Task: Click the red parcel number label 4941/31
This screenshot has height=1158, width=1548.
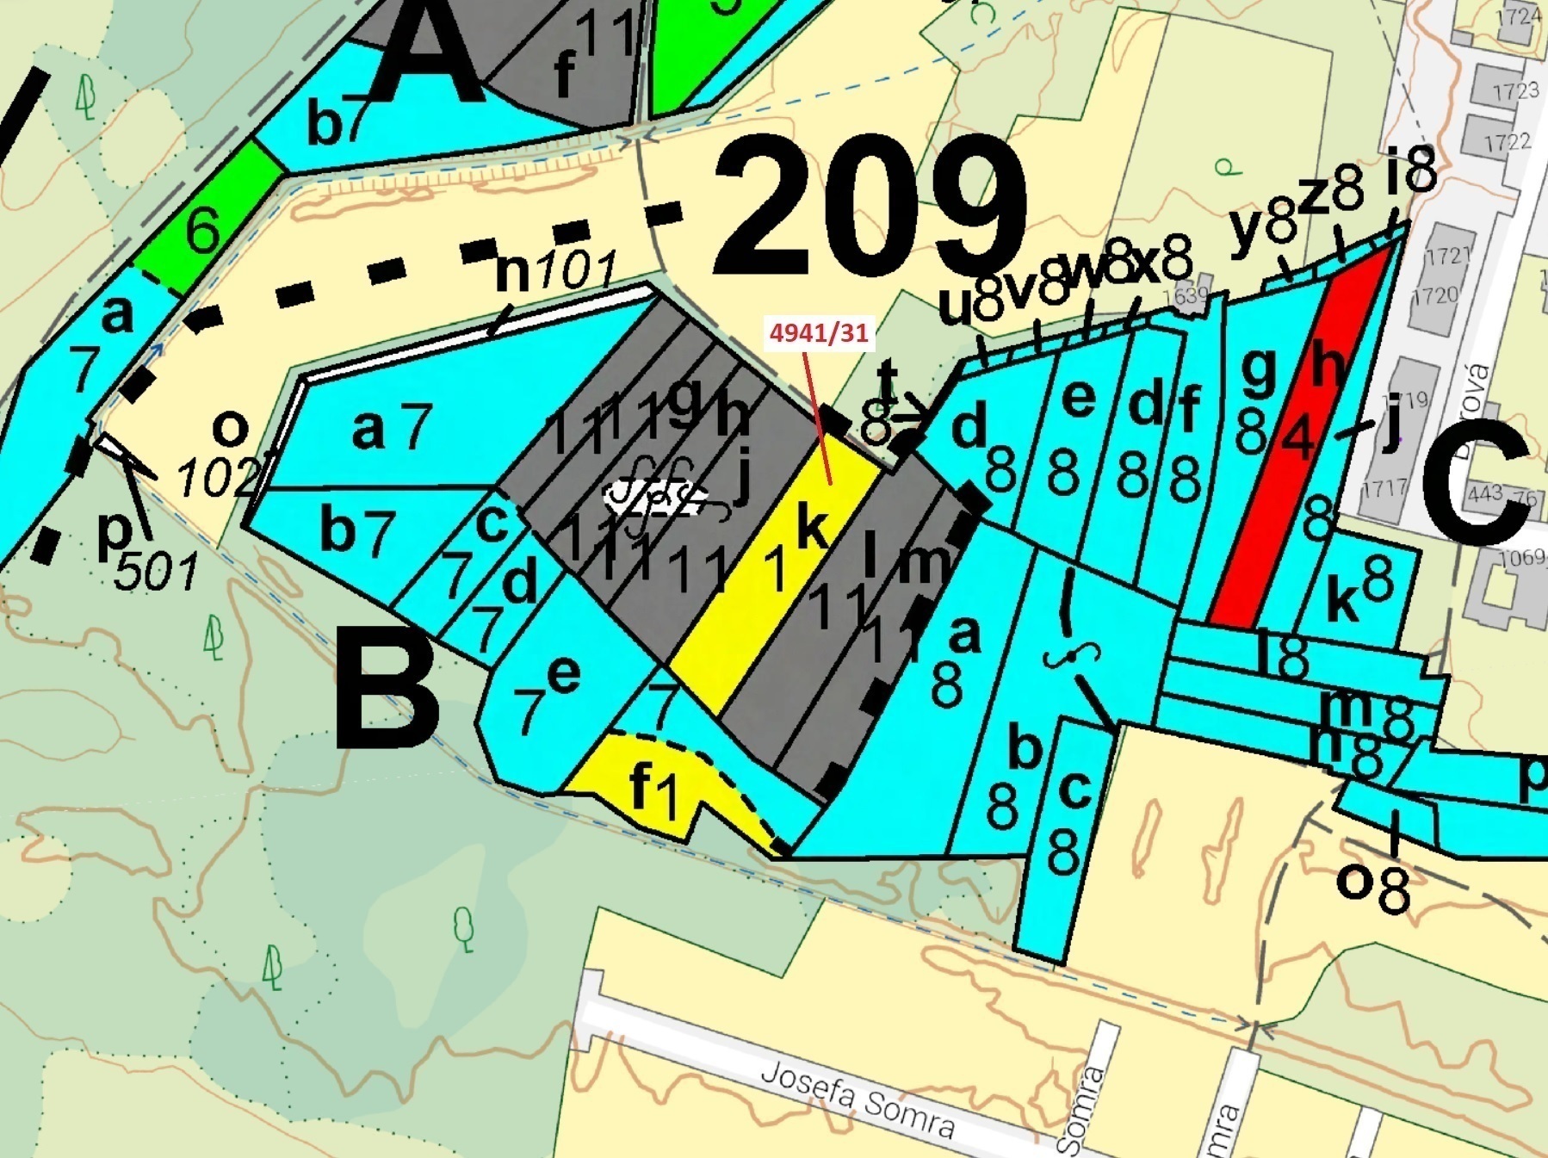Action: [x=818, y=332]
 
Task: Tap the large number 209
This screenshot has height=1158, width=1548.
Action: [x=870, y=211]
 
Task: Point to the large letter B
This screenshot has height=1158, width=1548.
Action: [x=385, y=689]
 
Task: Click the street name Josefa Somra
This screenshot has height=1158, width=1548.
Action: [x=858, y=1098]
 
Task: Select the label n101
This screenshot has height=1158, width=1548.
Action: [x=556, y=271]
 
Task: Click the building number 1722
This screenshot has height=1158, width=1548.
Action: [x=1507, y=141]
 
